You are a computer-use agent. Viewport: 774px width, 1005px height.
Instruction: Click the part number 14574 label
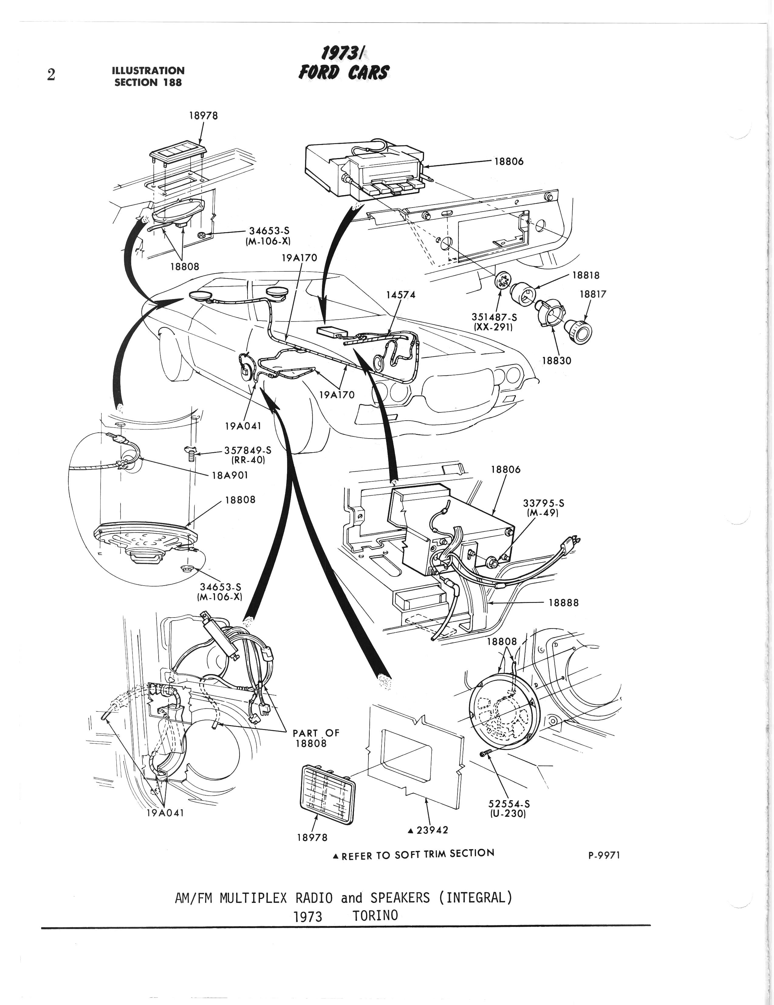tap(401, 294)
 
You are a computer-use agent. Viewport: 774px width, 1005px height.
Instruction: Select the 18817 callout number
tap(593, 294)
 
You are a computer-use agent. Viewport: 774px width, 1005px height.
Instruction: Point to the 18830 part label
tap(557, 361)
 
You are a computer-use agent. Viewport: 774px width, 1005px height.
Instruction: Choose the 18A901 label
tap(229, 475)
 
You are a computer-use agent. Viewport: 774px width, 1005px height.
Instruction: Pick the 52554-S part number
tap(509, 804)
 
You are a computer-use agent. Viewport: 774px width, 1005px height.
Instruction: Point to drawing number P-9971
tap(604, 855)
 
